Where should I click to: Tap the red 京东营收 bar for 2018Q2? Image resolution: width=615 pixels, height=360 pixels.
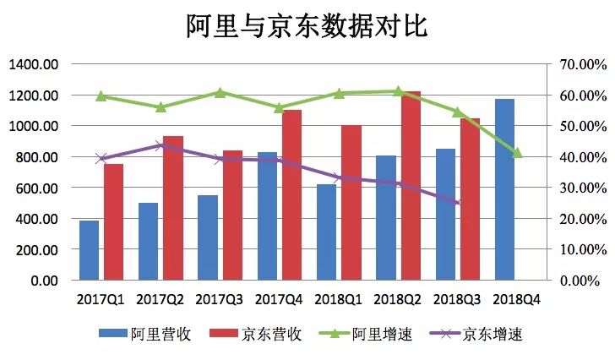411,186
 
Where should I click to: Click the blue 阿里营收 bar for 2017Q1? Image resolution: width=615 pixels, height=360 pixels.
90,250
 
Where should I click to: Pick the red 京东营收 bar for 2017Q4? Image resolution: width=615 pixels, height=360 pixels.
291,195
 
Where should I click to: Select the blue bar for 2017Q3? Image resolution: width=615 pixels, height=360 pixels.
208,237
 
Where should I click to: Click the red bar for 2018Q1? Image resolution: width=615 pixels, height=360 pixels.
351,203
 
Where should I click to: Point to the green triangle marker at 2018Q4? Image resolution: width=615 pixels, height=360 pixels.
517,153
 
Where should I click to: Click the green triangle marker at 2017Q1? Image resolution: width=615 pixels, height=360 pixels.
101,96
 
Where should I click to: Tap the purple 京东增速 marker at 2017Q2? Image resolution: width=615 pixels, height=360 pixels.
161,145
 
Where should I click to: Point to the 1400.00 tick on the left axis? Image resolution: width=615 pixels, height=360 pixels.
35,64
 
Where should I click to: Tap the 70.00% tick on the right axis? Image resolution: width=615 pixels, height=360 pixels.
582,64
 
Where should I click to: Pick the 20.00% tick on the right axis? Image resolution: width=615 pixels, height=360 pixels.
582,219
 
